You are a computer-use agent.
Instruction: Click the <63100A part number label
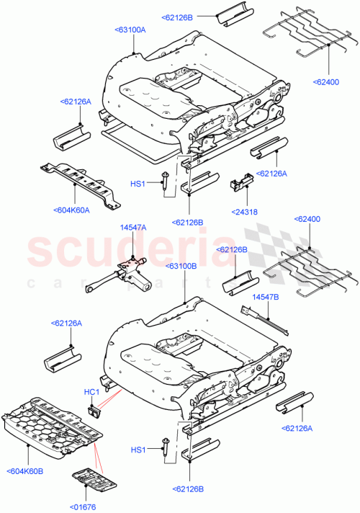(x=130, y=30)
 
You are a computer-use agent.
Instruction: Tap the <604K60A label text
(x=71, y=210)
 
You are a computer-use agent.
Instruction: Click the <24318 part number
(x=246, y=212)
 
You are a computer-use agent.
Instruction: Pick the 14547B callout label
(x=265, y=298)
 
